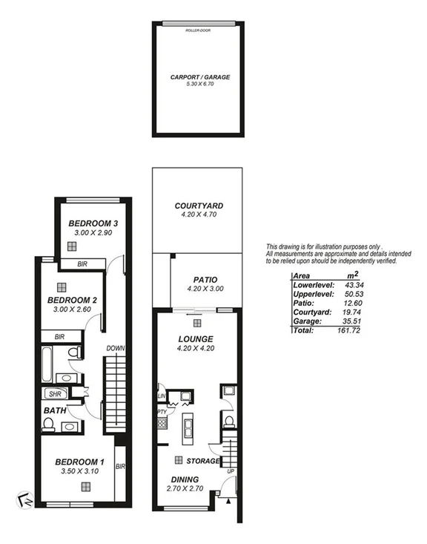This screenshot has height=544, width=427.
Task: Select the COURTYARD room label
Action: coord(198,206)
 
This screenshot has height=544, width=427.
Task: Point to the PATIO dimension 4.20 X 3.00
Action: coord(198,289)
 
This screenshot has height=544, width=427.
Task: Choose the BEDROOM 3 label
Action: coord(93,223)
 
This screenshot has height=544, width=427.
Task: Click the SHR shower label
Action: coord(54,394)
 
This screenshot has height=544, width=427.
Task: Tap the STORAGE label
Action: coord(203,461)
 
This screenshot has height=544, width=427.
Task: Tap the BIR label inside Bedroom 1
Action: coord(119,467)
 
